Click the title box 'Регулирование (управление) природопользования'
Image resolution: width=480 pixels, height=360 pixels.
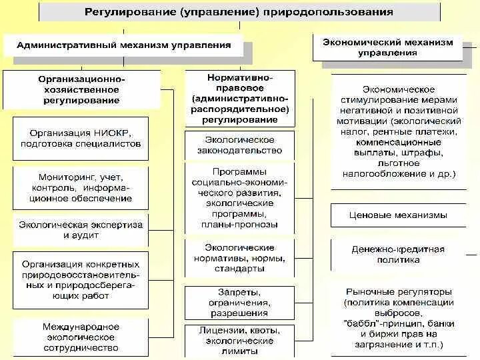(239, 12)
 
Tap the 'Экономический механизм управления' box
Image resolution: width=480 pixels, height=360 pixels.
(387, 47)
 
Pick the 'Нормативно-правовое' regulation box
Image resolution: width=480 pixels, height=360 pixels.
(239, 99)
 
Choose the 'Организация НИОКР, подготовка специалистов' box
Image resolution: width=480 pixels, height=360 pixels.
(81, 137)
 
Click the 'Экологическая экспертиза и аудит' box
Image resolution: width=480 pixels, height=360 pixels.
(81, 230)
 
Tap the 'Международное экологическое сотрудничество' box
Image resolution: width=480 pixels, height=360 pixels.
(81, 337)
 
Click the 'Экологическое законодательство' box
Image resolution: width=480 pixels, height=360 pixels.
(239, 145)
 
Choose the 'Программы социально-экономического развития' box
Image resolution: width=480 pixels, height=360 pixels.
(239, 198)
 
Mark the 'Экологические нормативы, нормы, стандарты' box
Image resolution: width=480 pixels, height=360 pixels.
(239, 258)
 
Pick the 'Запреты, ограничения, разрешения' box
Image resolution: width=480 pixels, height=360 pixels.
(239, 302)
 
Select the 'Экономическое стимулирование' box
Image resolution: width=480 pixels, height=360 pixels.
(399, 131)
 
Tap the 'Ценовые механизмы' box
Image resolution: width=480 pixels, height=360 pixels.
(399, 215)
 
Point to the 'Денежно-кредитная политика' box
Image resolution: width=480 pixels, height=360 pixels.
(399, 254)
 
